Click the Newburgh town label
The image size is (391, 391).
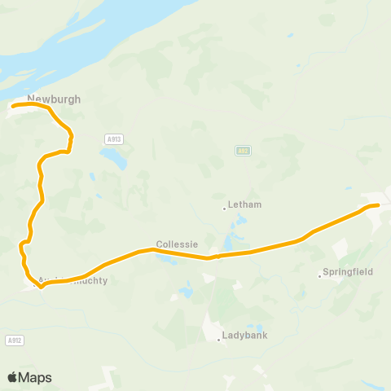coord(54,99)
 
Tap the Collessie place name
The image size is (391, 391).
coord(178,244)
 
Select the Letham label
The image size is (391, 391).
coord(245,204)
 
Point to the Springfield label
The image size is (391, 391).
coord(348,271)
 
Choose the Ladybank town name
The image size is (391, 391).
coord(245,335)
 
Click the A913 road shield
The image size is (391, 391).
coord(114,139)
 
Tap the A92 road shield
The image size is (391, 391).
coord(243,151)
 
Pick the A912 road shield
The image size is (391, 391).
coord(13,340)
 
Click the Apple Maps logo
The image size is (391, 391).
coord(29,377)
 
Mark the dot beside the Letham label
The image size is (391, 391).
coord(224,208)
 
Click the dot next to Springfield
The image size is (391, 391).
coord(319,275)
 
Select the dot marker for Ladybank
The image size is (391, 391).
coord(219,340)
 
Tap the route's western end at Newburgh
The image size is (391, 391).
coord(13,106)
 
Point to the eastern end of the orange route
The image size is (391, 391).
coord(378,205)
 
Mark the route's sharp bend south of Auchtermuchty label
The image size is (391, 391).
coord(40,286)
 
